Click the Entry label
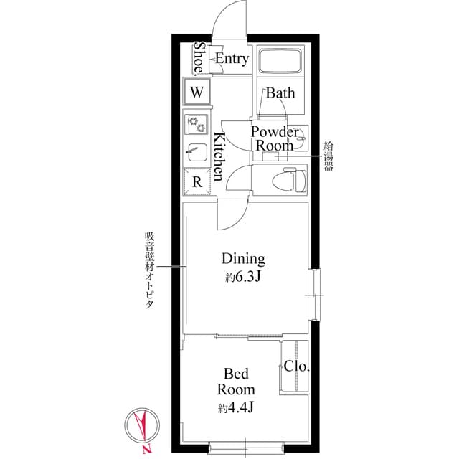pyautogui.click(x=232, y=59)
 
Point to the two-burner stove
pyautogui.click(x=196, y=125)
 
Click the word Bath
pyautogui.click(x=280, y=93)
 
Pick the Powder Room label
pyautogui.click(x=274, y=138)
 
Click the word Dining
pyautogui.click(x=243, y=259)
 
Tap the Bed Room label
pyautogui.click(x=237, y=382)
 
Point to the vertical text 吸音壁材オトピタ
pyautogui.click(x=149, y=270)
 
